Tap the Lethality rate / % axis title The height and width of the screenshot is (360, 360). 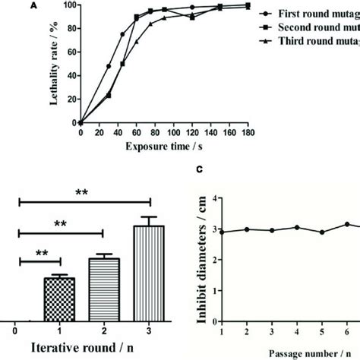[x=55, y=62]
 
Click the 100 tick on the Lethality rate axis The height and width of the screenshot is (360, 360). [x=71, y=5]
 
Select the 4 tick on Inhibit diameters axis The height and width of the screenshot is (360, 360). [x=214, y=198]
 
